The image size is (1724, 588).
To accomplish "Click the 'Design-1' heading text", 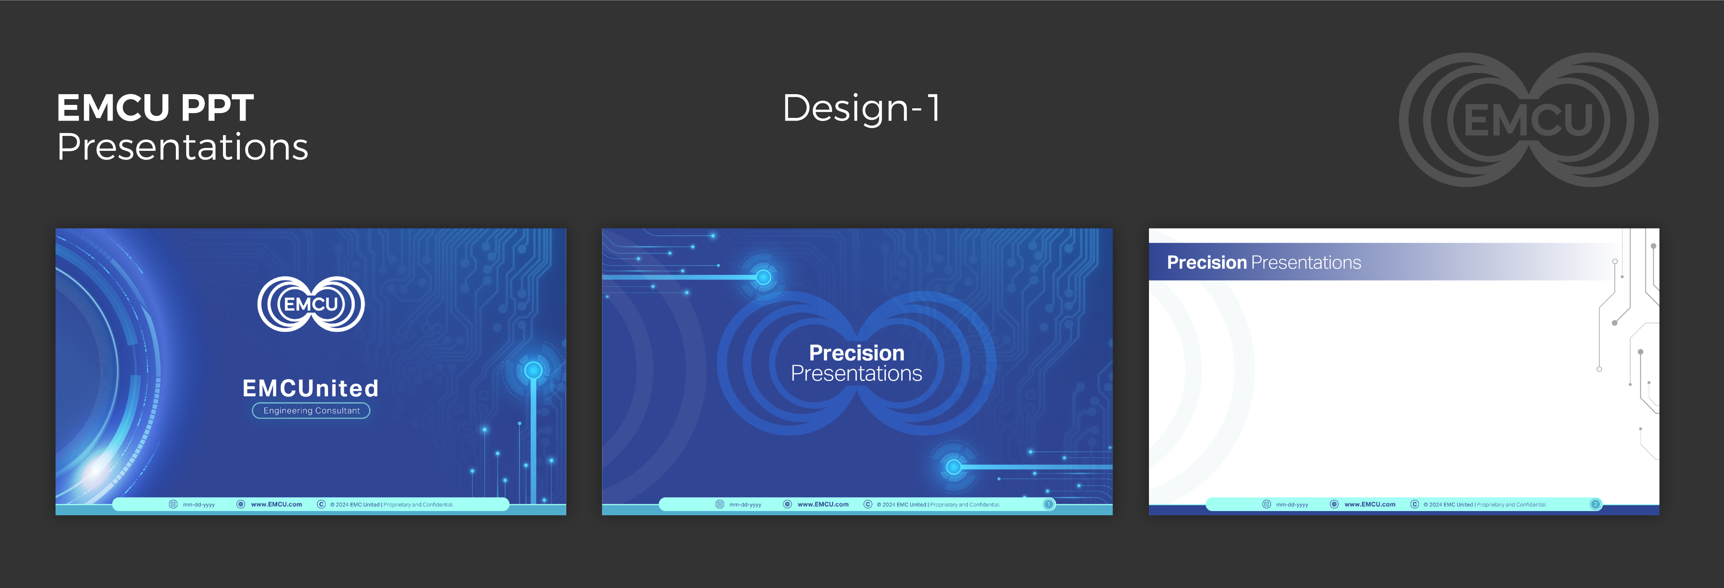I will coord(861,108).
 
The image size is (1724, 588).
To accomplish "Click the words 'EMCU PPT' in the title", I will coord(155,108).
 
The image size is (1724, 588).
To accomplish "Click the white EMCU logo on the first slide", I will coord(311,304).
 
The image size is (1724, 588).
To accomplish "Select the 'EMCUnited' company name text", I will coord(311,388).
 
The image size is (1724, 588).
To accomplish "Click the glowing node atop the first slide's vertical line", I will coord(533,370).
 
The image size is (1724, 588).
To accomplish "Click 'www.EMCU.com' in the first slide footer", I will coord(276,505).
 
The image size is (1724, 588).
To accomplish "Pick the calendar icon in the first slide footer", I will coord(173,505).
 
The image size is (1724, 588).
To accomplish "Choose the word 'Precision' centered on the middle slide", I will coord(857,353).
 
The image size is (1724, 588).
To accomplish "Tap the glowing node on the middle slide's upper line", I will coord(764,277).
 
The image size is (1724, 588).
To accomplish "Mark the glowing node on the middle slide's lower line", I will coord(954,467).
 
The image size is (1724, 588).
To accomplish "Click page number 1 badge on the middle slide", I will coord(1049,505).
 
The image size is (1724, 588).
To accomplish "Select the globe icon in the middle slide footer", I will coord(788,505).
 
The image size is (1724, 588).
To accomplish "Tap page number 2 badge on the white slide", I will coord(1596,505).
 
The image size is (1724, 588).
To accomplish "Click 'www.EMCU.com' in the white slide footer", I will coord(1370,505).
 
